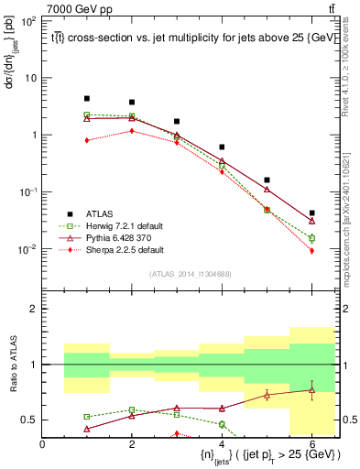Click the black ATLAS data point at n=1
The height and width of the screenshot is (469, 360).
87,98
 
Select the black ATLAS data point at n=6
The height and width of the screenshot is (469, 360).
311,213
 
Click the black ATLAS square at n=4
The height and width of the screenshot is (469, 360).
222,147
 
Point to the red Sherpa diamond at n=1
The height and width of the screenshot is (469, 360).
87,140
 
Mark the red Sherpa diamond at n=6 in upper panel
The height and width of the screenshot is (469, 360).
311,250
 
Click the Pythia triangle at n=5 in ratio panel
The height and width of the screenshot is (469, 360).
267,395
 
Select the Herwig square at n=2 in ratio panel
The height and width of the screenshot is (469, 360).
132,409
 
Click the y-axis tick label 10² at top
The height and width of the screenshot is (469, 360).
29,20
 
